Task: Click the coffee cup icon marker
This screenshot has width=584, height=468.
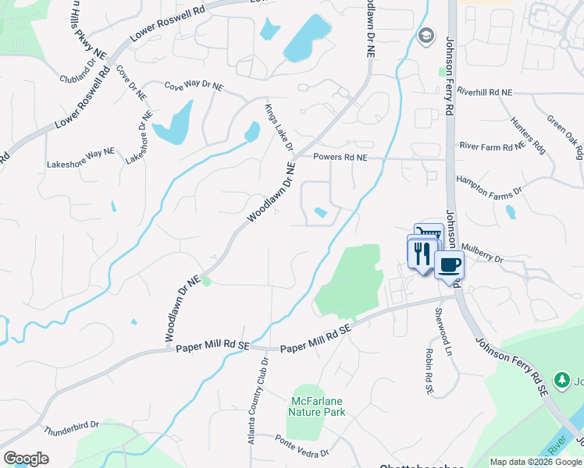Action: coord(449,265)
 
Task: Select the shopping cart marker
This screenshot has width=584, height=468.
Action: coord(429,233)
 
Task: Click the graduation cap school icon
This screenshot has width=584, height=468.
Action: coord(426,36)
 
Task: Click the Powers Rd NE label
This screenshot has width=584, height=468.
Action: coord(340,158)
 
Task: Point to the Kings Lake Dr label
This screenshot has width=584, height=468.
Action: coord(278,128)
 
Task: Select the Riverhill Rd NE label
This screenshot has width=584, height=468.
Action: coord(485,92)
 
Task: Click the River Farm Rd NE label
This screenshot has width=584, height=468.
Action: coord(492,146)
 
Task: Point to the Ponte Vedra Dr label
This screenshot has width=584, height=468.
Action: coord(302,447)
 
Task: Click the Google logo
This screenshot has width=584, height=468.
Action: coord(26,458)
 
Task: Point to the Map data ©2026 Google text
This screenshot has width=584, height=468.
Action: coord(536,462)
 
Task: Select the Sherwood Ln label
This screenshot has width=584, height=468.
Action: coord(443,330)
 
